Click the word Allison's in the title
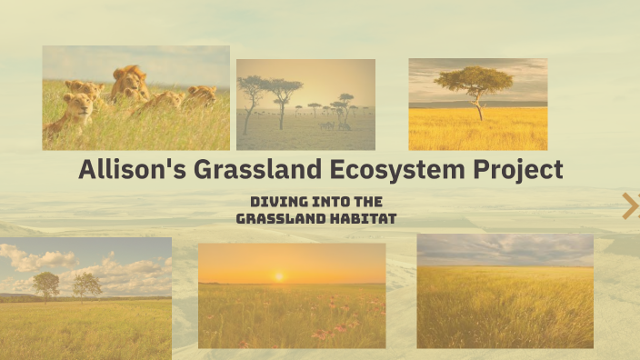[125, 170]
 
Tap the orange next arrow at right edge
[630, 206]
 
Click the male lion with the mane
[130, 84]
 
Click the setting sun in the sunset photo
[278, 275]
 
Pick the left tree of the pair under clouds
[45, 285]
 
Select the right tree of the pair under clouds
[87, 285]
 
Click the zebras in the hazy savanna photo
[327, 125]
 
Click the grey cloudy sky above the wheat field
[505, 249]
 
